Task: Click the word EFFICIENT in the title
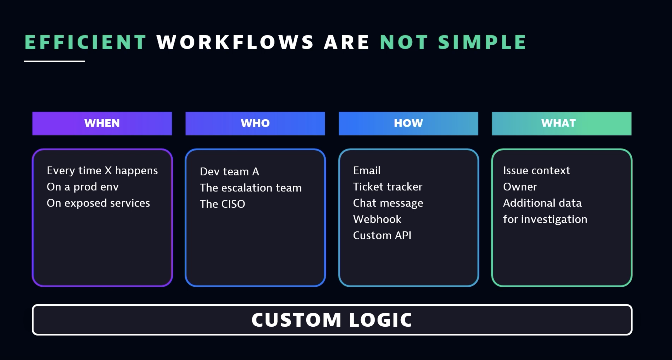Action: click(86, 42)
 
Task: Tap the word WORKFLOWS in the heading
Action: click(235, 42)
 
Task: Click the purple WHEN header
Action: click(102, 123)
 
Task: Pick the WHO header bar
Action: click(255, 123)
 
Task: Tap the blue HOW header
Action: click(408, 123)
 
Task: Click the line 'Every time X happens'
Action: click(102, 171)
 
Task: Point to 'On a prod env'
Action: click(83, 187)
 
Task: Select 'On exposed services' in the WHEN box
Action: click(98, 203)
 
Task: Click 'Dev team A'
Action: click(229, 172)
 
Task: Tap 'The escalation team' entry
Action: click(250, 188)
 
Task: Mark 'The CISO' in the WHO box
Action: click(222, 204)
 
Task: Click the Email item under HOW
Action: click(367, 171)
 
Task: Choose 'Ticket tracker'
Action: click(387, 187)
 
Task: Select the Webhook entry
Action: click(377, 219)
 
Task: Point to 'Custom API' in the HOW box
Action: click(382, 236)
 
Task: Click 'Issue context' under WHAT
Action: click(536, 171)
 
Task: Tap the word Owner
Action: click(520, 187)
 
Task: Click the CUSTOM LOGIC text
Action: click(332, 320)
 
